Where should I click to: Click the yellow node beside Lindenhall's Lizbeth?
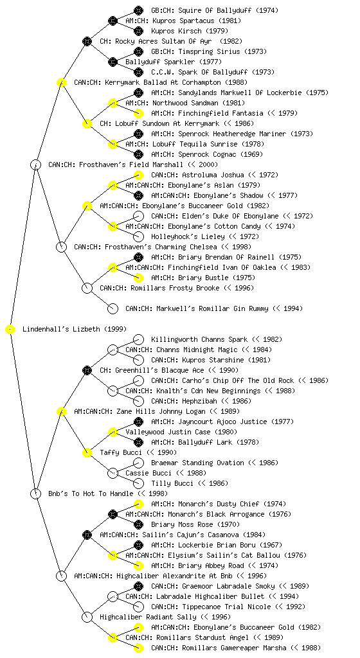tap(10, 330)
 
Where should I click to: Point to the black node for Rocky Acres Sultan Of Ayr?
tap(87, 41)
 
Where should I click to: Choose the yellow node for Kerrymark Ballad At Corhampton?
tap(61, 82)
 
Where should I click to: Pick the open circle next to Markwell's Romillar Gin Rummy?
tap(113, 308)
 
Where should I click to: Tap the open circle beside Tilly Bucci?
tap(138, 483)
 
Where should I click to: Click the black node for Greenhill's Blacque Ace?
tap(87, 370)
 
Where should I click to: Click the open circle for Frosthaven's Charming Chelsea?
tap(61, 247)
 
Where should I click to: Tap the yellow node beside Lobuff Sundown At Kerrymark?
tap(87, 123)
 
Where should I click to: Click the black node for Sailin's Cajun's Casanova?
tap(87, 535)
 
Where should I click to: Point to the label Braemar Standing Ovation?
tap(197, 463)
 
